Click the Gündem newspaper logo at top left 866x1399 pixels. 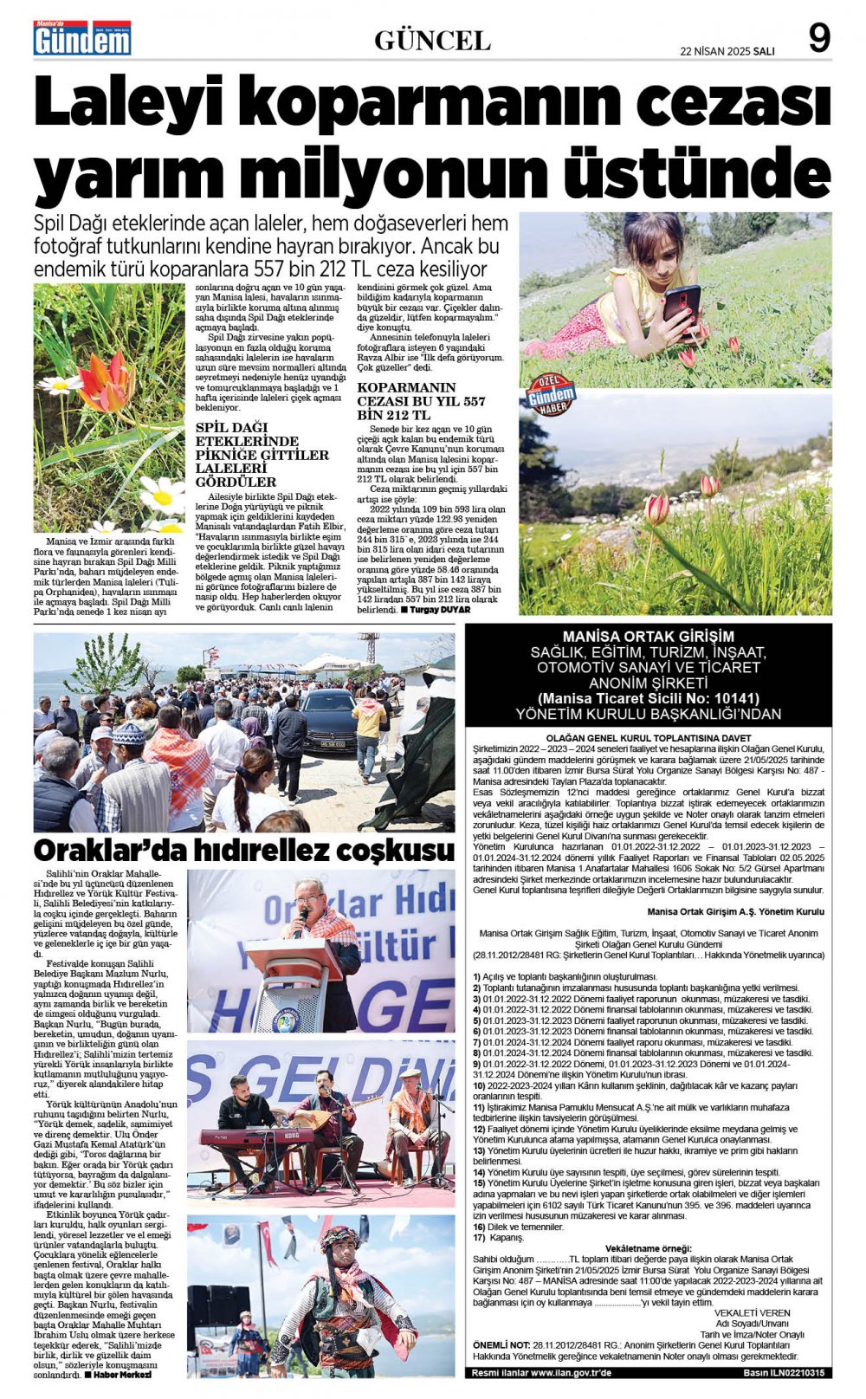82,39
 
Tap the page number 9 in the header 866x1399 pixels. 818,39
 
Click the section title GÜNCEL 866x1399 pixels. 432,40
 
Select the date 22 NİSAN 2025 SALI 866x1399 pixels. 727,51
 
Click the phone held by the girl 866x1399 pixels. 682,306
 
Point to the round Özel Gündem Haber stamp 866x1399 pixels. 551,394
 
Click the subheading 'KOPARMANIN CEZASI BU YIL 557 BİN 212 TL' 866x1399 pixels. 422,401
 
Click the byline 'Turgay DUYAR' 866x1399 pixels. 442,610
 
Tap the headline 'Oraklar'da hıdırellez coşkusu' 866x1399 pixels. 243,850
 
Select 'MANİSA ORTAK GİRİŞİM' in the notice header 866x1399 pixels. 648,636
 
